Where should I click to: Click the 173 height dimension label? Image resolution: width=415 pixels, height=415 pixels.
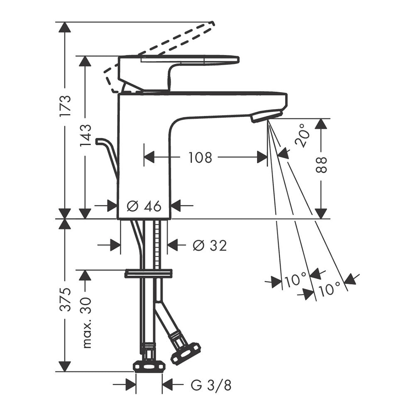point(65,105)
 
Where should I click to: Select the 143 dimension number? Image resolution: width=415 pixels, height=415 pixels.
point(85,135)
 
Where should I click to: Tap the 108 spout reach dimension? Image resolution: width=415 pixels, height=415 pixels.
point(200,157)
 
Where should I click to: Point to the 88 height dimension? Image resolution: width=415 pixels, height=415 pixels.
point(321,165)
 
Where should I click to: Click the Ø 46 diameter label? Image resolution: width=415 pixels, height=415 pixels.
point(144,206)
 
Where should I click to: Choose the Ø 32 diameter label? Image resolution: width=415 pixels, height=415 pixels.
point(210,245)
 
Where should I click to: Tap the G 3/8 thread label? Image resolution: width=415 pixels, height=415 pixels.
point(211,385)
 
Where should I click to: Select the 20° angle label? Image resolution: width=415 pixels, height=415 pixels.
point(302,136)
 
